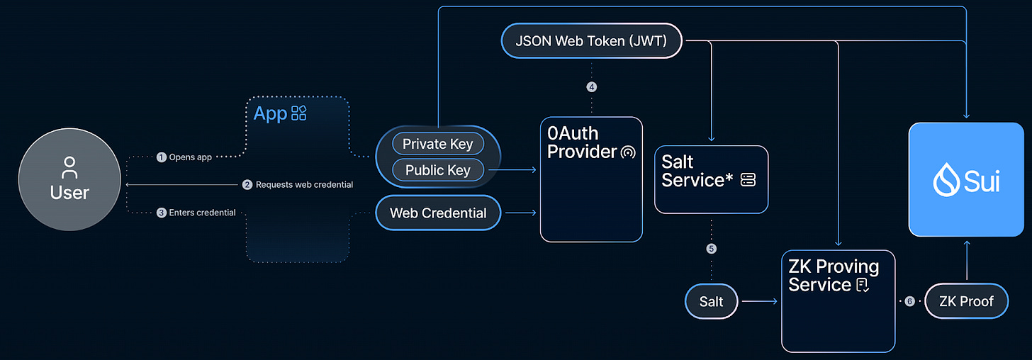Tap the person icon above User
[69, 168]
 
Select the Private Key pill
[437, 144]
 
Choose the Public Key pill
[437, 170]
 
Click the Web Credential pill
[438, 213]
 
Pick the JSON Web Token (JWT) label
[591, 41]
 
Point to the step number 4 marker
[592, 87]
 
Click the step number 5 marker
[712, 249]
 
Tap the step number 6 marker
[909, 301]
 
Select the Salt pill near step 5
[711, 301]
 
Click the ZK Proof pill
[966, 301]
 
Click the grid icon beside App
[299, 113]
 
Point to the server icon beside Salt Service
[748, 180]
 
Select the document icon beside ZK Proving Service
[863, 286]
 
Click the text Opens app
[190, 157]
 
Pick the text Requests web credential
[304, 184]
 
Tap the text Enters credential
[202, 213]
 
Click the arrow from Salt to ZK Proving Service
[759, 301]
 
